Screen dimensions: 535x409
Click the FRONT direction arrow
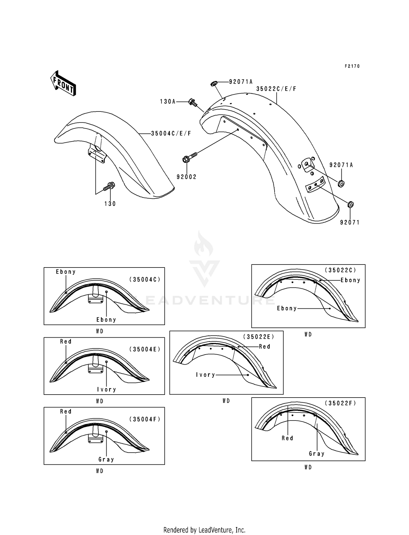coord(63,83)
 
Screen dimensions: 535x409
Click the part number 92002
coord(187,177)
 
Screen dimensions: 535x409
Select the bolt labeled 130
coord(109,187)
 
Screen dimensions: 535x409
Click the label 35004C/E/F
coord(171,134)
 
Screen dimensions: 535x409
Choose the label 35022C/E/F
coord(276,89)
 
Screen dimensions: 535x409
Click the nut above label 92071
coord(351,205)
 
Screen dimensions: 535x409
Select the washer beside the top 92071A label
coord(214,83)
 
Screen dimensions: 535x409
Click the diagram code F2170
coord(352,66)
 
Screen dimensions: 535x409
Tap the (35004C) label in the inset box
coord(145,279)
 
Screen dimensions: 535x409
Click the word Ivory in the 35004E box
coord(107,390)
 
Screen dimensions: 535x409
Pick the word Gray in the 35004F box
coord(106,459)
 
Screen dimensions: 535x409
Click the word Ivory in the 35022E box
coord(206,375)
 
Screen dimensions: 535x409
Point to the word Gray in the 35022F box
coord(317,454)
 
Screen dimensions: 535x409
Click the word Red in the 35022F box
coord(287,438)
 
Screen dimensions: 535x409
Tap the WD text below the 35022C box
coord(308,335)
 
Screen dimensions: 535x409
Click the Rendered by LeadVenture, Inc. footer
coord(204,530)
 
